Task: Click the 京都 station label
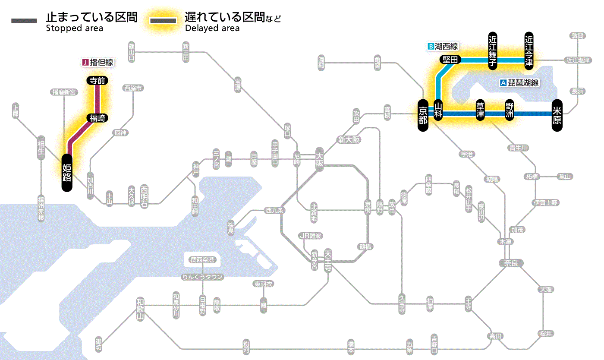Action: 423,115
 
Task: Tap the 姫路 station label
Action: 67,172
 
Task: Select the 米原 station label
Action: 557,115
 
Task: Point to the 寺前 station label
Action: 98,80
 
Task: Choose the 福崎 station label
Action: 98,117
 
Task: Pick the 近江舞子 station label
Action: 492,51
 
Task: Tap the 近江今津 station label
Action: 528,51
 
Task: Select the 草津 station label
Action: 480,111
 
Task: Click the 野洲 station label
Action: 510,111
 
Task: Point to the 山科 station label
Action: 438,111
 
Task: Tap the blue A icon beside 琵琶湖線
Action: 503,83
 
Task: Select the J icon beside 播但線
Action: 85,63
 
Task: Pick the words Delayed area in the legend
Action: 212,28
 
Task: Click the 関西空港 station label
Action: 203,260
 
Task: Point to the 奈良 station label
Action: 510,263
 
